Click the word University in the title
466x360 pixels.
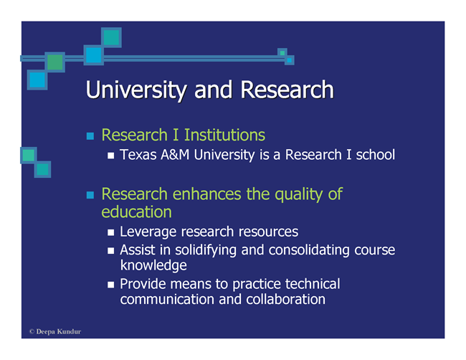(136, 90)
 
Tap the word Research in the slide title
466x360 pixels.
(287, 89)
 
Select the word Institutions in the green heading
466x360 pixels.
(224, 135)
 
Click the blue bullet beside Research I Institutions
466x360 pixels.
(90, 136)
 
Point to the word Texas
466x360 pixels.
(138, 155)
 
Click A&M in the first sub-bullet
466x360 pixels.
(175, 155)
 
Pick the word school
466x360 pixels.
(376, 155)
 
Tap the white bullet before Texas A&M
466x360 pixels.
(111, 156)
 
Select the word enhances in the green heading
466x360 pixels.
(207, 194)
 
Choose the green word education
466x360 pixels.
(137, 212)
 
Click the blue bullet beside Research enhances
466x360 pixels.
(90, 195)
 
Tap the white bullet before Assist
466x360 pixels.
(111, 250)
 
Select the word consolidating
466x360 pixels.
(309, 250)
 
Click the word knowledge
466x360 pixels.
(153, 265)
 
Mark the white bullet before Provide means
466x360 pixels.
(111, 285)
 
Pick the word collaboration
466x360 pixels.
(285, 299)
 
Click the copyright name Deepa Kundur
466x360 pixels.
(59, 331)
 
